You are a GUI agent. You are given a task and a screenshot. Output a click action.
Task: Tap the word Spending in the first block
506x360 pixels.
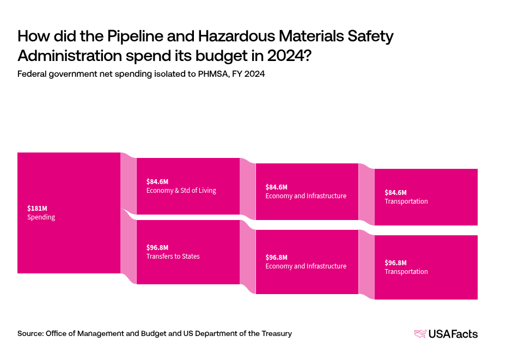pos(41,217)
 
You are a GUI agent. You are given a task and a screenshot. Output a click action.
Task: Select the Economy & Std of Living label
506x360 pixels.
pos(181,191)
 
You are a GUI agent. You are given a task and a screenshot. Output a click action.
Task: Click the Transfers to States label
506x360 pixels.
pos(173,257)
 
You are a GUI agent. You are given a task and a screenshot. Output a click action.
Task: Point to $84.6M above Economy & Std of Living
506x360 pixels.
pos(157,181)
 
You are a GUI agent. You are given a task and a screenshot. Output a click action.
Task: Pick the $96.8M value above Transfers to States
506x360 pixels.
pos(157,247)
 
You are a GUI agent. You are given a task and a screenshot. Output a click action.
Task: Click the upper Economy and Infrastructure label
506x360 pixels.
pos(306,196)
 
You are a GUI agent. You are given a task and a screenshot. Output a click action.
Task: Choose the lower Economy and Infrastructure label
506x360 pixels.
pos(306,266)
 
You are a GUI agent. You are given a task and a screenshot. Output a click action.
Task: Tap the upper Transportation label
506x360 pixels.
pos(406,202)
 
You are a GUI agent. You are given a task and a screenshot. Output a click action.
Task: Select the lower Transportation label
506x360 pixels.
pos(406,272)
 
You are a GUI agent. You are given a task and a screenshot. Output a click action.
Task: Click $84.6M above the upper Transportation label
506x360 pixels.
pos(395,192)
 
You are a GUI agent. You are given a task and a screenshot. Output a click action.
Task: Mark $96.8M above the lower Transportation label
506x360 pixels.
pos(395,263)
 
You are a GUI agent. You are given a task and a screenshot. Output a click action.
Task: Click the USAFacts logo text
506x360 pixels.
pos(453,334)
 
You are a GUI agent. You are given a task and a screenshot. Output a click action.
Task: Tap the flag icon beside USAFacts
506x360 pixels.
pos(420,334)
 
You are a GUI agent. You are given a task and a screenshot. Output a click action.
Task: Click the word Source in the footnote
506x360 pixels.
pos(30,333)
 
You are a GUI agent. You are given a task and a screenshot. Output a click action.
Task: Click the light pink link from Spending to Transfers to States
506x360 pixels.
pos(128,245)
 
